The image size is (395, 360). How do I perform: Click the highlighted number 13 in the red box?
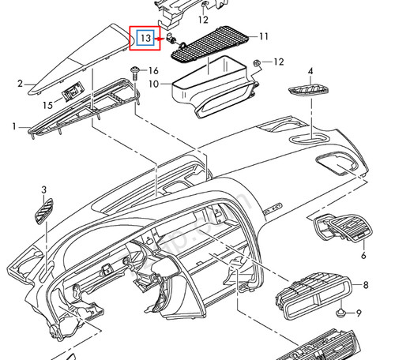pyautogui.click(x=145, y=37)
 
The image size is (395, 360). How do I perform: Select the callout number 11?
pyautogui.click(x=264, y=36)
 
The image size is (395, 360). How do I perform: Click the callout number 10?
pyautogui.click(x=155, y=83)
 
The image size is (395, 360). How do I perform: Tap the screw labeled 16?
pyautogui.click(x=135, y=73)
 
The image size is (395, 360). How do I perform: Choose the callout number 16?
pyautogui.click(x=153, y=71)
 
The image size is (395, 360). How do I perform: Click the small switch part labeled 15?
pyautogui.click(x=71, y=92)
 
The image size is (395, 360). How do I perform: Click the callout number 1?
pyautogui.click(x=13, y=126)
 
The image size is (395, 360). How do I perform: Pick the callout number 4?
pyautogui.click(x=310, y=72)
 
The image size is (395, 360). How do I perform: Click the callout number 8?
pyautogui.click(x=366, y=284)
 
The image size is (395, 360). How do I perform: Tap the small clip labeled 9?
pyautogui.click(x=340, y=314)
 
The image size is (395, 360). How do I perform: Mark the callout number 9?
pyautogui.click(x=367, y=313)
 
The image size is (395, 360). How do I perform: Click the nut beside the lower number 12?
pyautogui.click(x=258, y=62)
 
